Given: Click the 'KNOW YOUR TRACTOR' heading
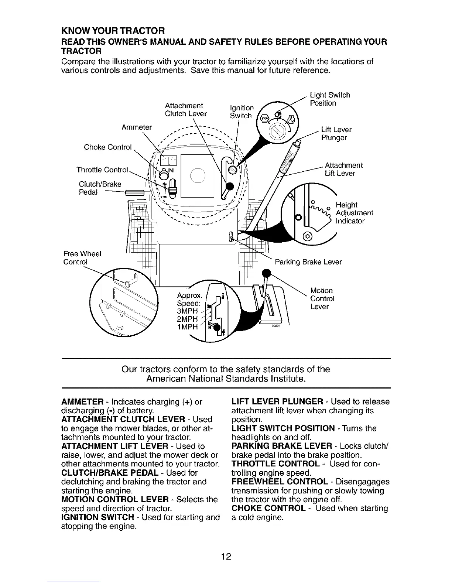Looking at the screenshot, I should tap(112, 30).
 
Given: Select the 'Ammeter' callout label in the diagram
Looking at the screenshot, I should tap(137, 127).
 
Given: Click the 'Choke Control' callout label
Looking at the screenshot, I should tap(108, 147).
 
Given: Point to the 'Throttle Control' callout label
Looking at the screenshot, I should tap(102, 170).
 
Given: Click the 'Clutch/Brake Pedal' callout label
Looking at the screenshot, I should tap(100, 188).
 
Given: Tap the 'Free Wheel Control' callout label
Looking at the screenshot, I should tap(82, 258).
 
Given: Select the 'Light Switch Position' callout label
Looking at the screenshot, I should tap(330, 99).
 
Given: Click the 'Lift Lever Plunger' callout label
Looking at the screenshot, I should tap(336, 134).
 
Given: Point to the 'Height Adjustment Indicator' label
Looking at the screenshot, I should tap(354, 213).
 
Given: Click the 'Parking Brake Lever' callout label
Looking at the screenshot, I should tap(309, 262).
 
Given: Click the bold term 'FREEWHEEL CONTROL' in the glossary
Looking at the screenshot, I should tap(280, 482).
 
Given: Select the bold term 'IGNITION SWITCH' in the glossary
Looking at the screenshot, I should tap(97, 517).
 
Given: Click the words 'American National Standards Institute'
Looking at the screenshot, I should tap(226, 379).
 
